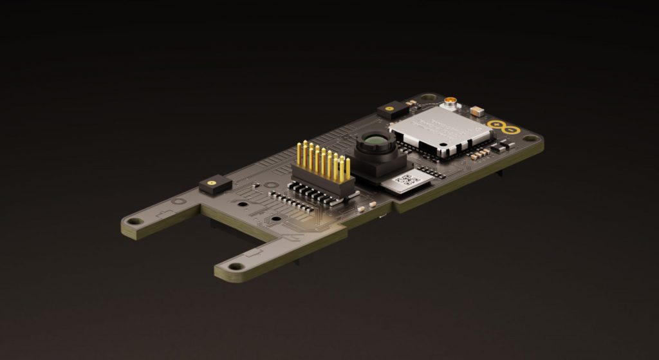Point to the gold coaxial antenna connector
[x=450, y=101]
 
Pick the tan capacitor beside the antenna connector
[x=477, y=111]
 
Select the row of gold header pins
[x=322, y=158]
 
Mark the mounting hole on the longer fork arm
[x=234, y=265]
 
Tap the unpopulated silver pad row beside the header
[x=293, y=200]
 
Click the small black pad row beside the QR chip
[x=430, y=173]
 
